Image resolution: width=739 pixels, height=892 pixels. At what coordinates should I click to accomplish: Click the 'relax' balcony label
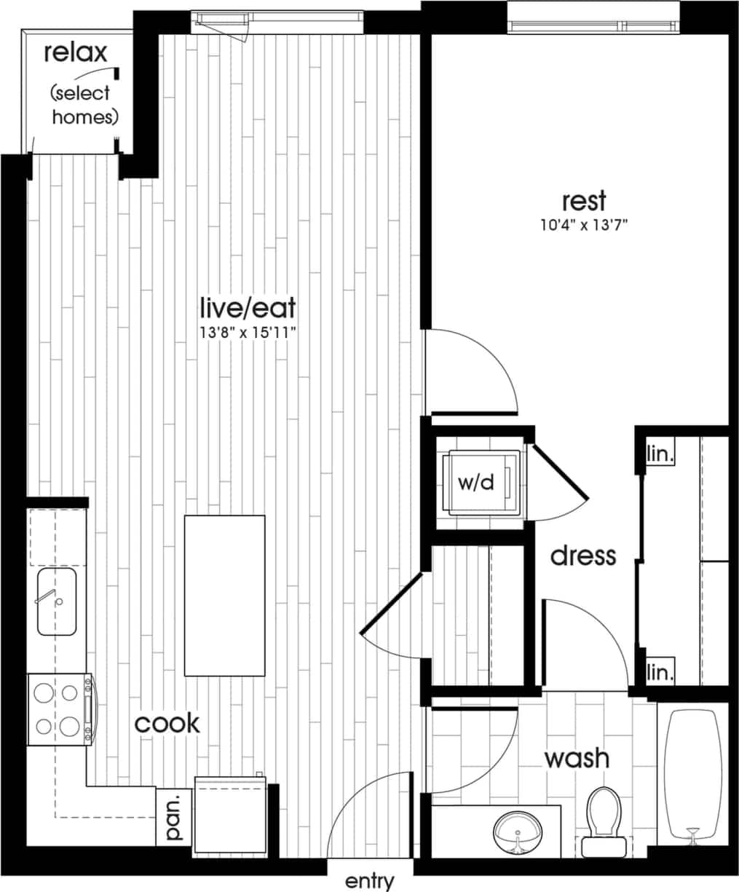pos(75,52)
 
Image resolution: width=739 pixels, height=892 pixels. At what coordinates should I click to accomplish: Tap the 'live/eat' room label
pos(248,308)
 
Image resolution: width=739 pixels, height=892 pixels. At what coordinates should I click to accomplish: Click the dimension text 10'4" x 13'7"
pos(583,225)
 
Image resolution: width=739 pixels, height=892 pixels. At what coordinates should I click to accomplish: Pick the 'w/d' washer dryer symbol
pos(477,483)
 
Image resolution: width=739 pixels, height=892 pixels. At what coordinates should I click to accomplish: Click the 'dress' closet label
pos(582,556)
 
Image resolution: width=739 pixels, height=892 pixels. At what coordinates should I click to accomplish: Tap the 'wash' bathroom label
pos(577,758)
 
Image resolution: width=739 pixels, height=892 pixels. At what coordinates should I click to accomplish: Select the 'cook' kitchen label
pos(167,723)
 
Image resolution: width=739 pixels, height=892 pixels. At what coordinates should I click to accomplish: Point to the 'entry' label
pos(369,881)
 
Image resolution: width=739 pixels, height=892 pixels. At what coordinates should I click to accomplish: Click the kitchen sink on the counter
pos(57,601)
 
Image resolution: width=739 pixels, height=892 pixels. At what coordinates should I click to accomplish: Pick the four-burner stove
pos(59,709)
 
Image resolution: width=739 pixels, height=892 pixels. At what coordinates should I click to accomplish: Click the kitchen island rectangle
pos(224,596)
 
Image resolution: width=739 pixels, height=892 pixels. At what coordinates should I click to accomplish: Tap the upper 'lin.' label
pos(660,455)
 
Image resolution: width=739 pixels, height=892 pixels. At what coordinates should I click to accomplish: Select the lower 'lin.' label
pos(660,671)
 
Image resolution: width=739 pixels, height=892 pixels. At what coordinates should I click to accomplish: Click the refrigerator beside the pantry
pos(229,816)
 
